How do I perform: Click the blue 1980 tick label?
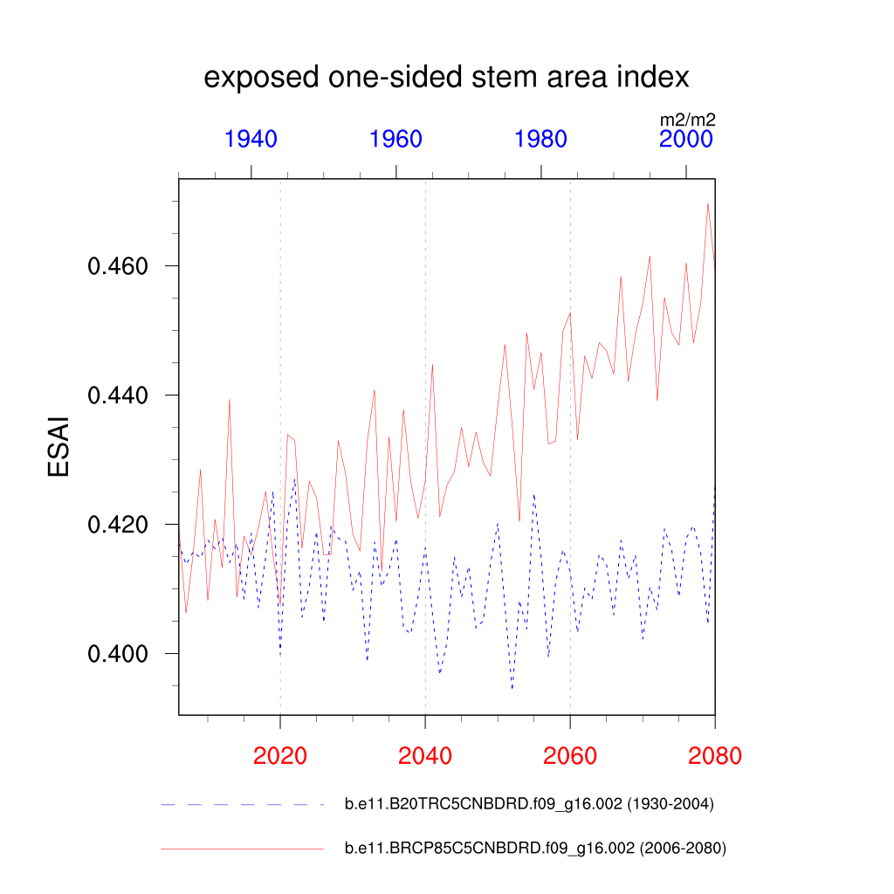click(540, 139)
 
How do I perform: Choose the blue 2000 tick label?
click(686, 139)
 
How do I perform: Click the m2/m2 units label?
click(687, 120)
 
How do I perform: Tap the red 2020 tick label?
click(279, 755)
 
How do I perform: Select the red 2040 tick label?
click(425, 755)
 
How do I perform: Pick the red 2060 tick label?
click(570, 755)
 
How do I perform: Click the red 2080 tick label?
click(714, 755)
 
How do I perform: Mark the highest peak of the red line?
click(707, 203)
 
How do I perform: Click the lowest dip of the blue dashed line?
click(512, 689)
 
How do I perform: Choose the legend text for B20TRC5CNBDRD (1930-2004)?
click(530, 804)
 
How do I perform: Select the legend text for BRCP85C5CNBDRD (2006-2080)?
click(535, 848)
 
